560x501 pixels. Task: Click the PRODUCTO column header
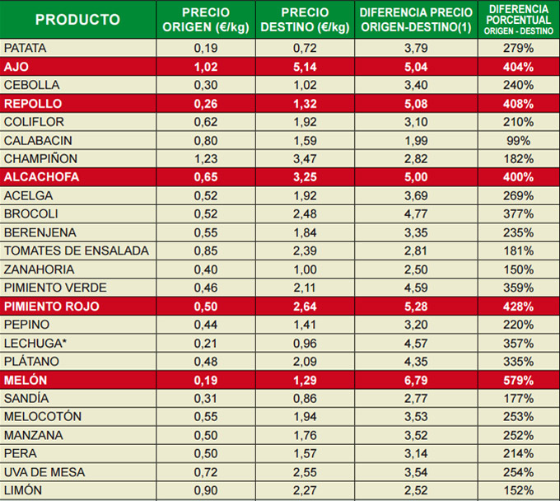click(77, 20)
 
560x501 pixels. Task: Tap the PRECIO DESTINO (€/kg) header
click(305, 20)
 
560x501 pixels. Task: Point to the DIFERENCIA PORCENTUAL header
click(519, 19)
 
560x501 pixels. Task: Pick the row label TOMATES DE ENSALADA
click(76, 250)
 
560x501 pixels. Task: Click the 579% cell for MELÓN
click(519, 380)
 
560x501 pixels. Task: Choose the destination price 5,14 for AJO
click(305, 67)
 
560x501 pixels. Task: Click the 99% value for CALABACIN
click(519, 140)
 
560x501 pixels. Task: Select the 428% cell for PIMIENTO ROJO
click(519, 307)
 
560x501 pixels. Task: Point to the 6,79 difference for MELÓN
click(416, 380)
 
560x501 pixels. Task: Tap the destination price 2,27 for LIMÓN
click(305, 490)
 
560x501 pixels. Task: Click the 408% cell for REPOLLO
click(519, 104)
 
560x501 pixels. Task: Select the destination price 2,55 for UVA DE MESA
click(305, 472)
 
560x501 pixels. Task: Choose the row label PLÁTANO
click(34, 362)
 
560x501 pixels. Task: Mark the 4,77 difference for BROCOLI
click(416, 214)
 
